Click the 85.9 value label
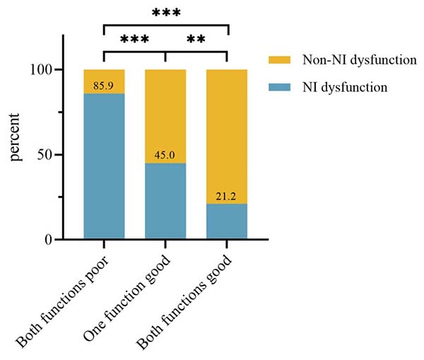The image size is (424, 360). (x=104, y=86)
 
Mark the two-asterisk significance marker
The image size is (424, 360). (x=196, y=40)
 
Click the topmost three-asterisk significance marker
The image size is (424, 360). (x=165, y=13)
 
